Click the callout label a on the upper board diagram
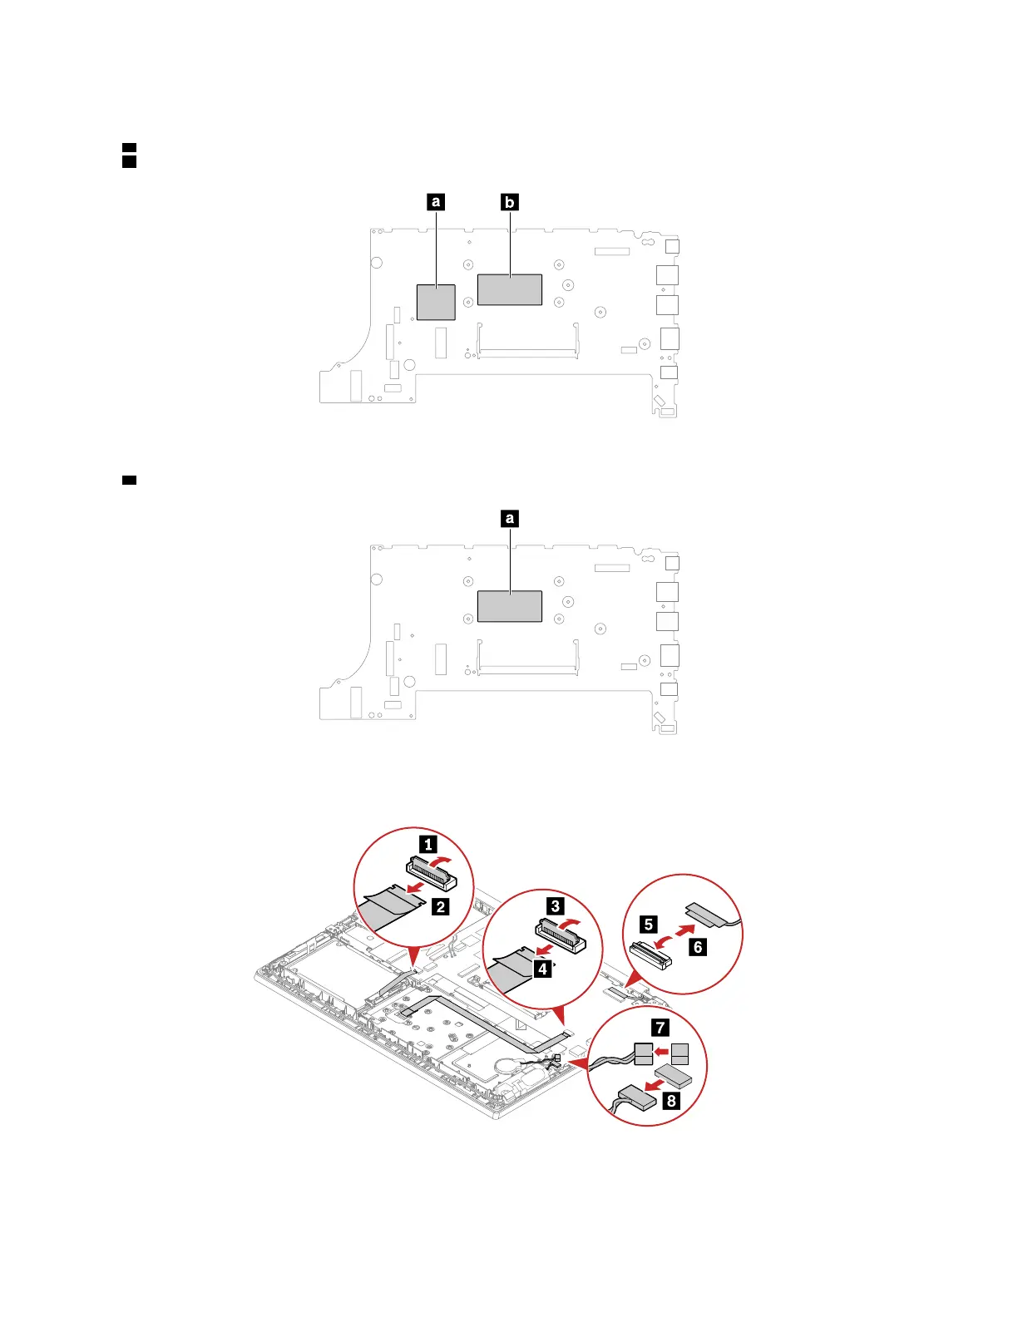click(435, 202)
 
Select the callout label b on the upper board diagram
click(510, 202)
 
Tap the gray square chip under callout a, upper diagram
click(435, 302)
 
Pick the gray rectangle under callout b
click(510, 290)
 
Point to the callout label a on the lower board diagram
click(510, 519)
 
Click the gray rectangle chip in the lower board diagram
click(510, 606)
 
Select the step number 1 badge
click(427, 845)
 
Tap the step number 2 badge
click(441, 907)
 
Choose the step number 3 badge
click(556, 906)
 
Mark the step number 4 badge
click(542, 969)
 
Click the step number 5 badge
click(649, 924)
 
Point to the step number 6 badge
click(698, 947)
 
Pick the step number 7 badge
click(660, 1028)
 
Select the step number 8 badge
click(671, 1102)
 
